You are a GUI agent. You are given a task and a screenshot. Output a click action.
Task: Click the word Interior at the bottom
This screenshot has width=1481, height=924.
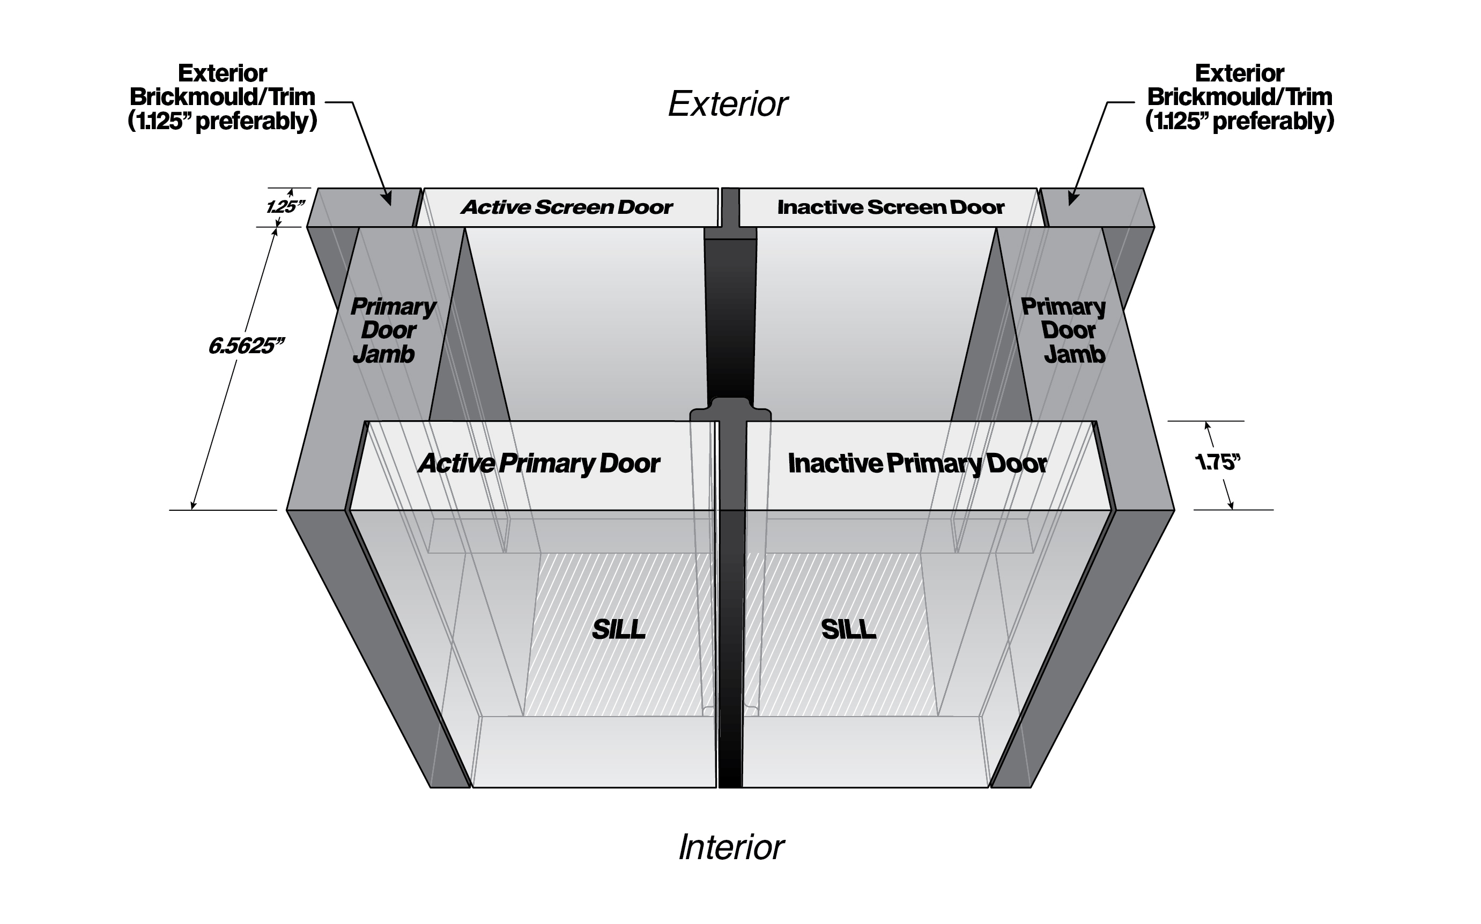pos(731,847)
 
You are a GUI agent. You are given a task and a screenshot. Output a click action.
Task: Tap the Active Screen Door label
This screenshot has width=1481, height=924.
pos(567,207)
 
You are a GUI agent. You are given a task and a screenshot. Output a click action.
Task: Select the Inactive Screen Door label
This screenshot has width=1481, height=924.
pos(891,207)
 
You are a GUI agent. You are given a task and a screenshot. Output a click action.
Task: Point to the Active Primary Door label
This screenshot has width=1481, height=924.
pos(538,463)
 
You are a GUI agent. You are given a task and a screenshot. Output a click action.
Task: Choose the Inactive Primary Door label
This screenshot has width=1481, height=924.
pos(917,463)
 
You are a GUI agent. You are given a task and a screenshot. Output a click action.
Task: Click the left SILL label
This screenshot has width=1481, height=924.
pos(619,629)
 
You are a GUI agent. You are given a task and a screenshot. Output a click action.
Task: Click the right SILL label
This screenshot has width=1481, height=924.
pos(848,629)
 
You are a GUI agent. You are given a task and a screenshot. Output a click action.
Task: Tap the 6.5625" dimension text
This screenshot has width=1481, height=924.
pos(246,346)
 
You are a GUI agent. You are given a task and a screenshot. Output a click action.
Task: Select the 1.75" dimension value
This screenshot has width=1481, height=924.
pos(1218,462)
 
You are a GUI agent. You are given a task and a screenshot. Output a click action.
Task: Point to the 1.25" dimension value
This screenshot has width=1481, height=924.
pos(285,206)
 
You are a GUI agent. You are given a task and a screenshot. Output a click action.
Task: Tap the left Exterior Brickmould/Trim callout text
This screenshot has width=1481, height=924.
pos(223,98)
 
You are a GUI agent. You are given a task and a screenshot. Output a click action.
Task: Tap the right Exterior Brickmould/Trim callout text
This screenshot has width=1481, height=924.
pos(1240,98)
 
